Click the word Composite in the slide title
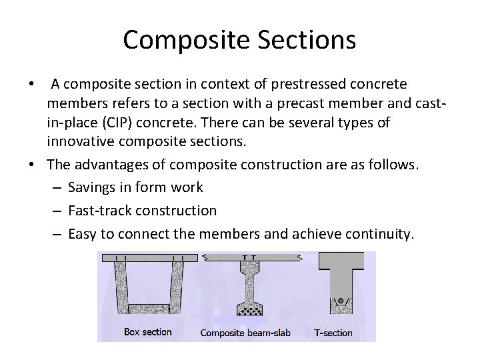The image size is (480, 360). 175,40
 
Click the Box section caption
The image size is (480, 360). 148,331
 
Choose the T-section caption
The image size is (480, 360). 333,332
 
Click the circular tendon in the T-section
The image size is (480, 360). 341,301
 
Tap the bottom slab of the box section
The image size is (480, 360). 151,309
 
